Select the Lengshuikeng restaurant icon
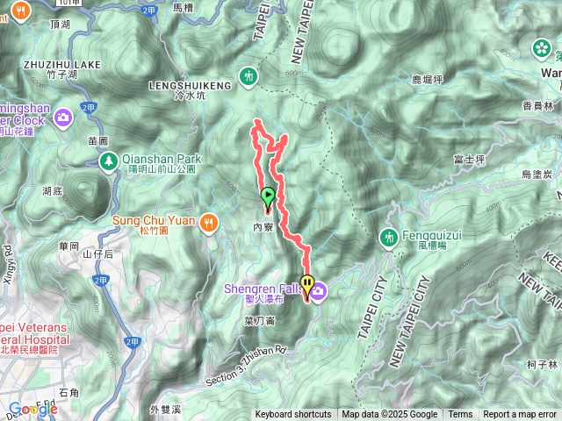(251, 77)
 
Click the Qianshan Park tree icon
(108, 160)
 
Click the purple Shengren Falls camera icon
(318, 290)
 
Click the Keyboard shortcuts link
(293, 415)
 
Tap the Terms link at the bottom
(460, 415)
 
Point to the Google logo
(32, 409)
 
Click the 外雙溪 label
(164, 410)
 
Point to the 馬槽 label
(183, 7)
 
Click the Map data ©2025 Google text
(389, 415)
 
